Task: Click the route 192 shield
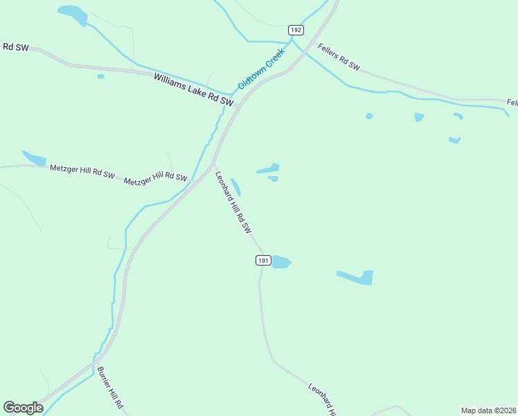point(296,30)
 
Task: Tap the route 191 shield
point(262,260)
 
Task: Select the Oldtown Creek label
point(261,68)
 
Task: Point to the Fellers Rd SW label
point(339,56)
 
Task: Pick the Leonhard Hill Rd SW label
point(232,202)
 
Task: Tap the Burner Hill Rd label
point(110,387)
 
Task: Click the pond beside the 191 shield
point(280,261)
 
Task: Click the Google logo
point(23,408)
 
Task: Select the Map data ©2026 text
point(488,410)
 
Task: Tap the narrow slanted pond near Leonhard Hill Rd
point(236,187)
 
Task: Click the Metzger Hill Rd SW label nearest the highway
point(155,179)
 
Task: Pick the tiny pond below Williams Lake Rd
point(101,76)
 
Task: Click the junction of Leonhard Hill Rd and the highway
point(214,164)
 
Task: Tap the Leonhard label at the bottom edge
point(323,399)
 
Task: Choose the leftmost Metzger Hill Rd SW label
point(82,171)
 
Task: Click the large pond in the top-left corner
point(73,14)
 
